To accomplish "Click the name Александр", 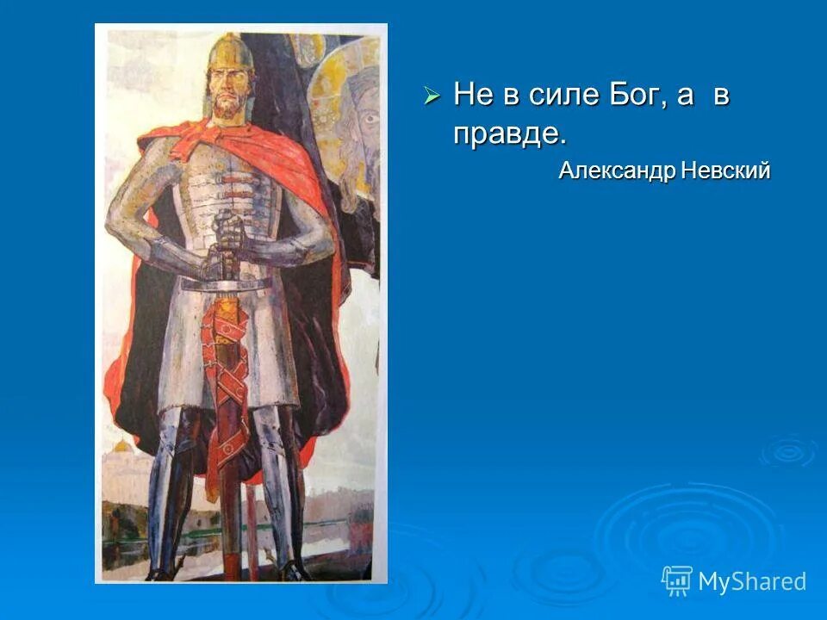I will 616,170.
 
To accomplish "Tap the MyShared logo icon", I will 676,580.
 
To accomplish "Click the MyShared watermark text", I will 752,581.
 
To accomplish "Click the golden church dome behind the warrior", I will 121,448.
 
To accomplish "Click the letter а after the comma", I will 685,96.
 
